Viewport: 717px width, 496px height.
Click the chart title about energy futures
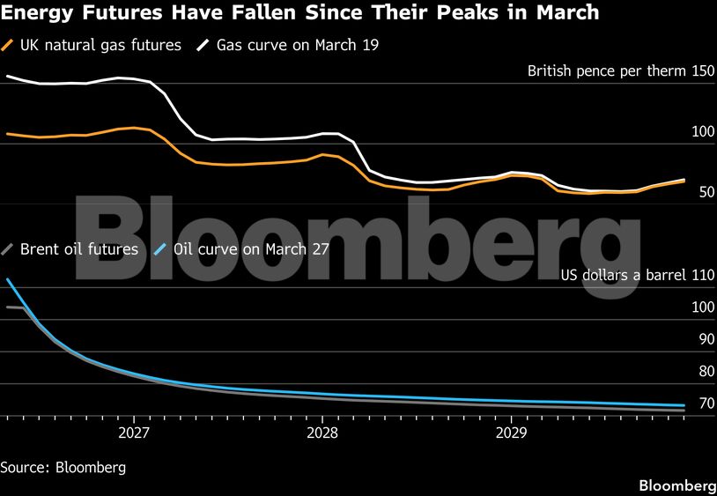(x=300, y=13)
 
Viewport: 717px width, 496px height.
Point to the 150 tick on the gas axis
(x=703, y=70)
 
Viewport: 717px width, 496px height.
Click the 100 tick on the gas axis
(x=703, y=132)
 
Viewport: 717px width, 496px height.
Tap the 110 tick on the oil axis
(x=703, y=276)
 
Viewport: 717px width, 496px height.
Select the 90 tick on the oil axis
(x=706, y=339)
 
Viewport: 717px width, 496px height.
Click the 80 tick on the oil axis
(x=706, y=372)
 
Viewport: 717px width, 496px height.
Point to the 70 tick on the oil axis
(x=706, y=403)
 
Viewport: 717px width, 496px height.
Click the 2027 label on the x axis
(x=133, y=433)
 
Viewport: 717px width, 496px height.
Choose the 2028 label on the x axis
(x=322, y=433)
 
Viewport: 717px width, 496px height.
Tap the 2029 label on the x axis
(x=512, y=433)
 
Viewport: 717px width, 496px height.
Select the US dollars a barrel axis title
(x=623, y=276)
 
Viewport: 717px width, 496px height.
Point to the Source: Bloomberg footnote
(x=63, y=468)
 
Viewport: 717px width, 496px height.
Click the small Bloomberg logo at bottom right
(x=676, y=485)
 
